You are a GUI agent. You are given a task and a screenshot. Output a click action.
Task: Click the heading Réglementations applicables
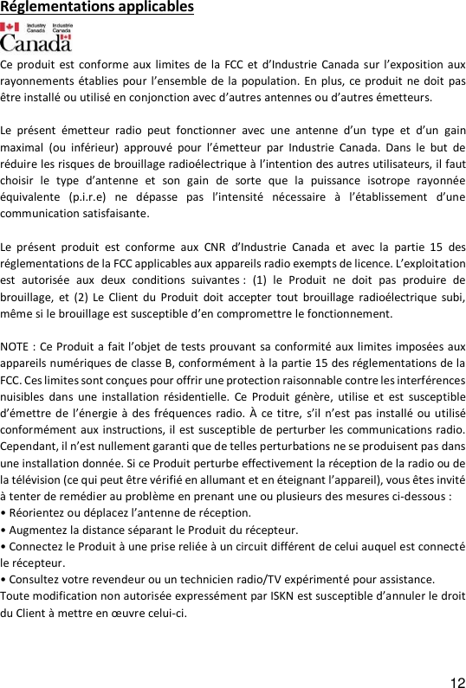pos(97,9)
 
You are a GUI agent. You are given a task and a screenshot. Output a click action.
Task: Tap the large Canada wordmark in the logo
pos(36,42)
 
